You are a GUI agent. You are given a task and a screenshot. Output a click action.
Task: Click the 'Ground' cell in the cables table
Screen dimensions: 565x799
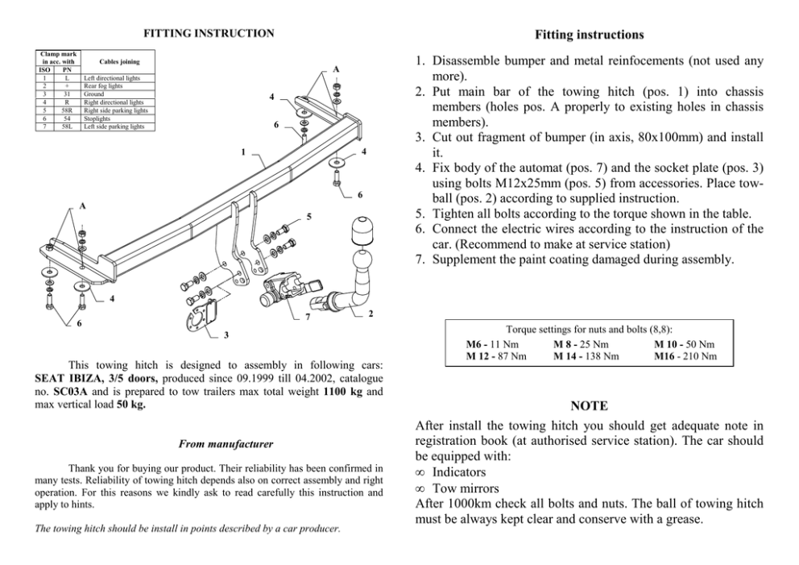point(94,94)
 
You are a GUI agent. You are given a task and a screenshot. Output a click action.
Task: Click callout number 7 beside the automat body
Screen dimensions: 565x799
point(307,317)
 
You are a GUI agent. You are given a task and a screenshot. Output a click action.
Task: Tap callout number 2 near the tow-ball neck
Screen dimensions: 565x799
point(369,314)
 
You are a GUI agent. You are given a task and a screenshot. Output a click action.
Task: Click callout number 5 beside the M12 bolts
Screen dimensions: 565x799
point(308,216)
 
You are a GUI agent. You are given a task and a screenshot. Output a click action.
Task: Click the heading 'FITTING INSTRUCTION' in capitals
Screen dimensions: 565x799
point(209,34)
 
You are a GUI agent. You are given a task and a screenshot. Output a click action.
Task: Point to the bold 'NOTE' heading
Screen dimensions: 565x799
point(589,405)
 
